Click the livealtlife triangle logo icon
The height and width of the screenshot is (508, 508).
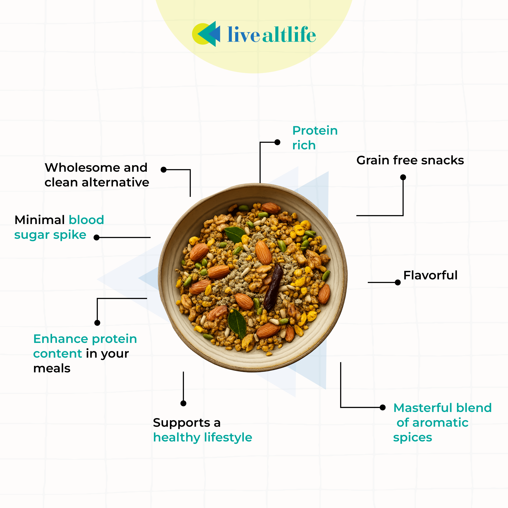(x=207, y=34)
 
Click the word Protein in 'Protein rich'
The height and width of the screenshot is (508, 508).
(x=315, y=131)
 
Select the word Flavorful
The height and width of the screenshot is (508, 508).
(x=431, y=275)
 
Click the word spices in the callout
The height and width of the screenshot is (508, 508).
(x=412, y=438)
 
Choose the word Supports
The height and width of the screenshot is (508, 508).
(x=181, y=423)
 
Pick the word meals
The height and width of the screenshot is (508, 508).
(x=52, y=368)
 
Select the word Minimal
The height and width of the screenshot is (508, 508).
(x=40, y=220)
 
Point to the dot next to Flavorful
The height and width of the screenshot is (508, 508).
(x=398, y=282)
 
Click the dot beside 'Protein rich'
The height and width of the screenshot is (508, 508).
(x=277, y=142)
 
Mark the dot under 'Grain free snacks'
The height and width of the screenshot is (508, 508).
(x=403, y=177)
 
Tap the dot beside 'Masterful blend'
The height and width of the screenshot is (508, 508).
(x=383, y=408)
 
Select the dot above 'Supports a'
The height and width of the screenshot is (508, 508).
(x=184, y=403)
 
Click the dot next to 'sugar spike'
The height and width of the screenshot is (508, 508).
(x=97, y=237)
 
